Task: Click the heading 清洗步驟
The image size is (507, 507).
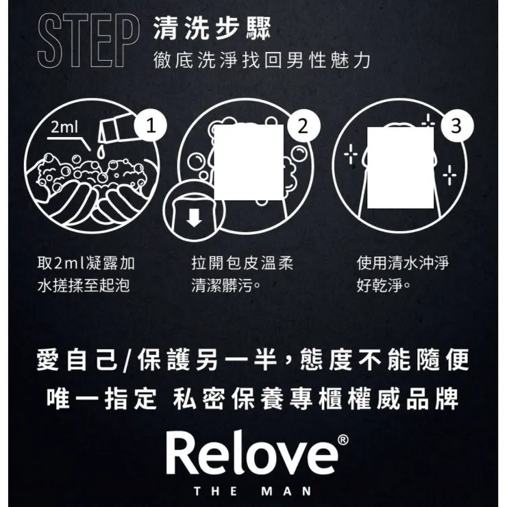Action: (x=212, y=29)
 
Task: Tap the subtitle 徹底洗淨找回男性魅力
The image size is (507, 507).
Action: (x=262, y=61)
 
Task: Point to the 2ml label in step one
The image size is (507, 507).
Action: (x=66, y=128)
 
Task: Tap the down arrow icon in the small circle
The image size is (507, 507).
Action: (x=195, y=218)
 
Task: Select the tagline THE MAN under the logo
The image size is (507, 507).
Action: (x=253, y=491)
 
